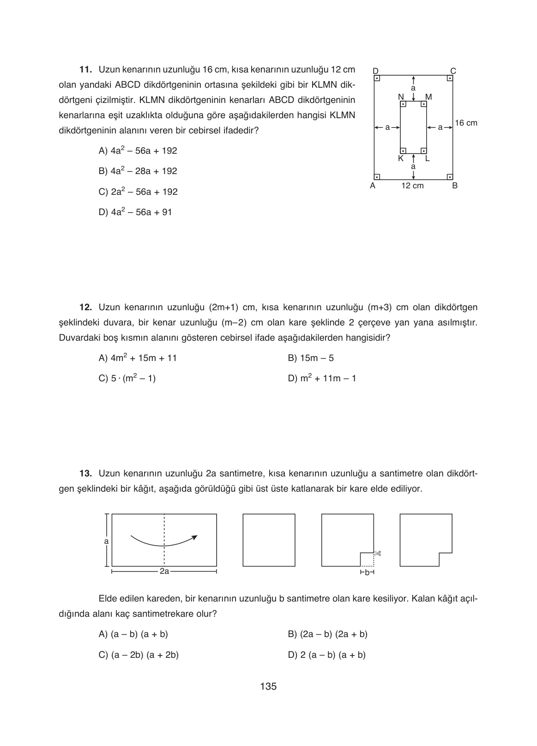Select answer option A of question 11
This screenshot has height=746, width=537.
[138, 151]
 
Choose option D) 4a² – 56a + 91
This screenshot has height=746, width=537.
[135, 212]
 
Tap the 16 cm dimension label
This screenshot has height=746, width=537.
[466, 123]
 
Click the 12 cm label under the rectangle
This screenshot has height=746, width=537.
[412, 186]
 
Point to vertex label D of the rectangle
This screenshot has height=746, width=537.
[375, 71]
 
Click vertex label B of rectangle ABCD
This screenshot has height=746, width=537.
[454, 186]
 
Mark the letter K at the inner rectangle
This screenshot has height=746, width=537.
[400, 158]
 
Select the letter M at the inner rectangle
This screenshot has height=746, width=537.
[428, 97]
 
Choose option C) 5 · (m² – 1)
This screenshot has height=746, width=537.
[127, 379]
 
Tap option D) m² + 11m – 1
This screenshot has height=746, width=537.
[322, 379]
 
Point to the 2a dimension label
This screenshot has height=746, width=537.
[164, 572]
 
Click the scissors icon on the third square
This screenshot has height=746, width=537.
[377, 553]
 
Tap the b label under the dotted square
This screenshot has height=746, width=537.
[367, 573]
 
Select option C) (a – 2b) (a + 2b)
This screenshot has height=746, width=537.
[139, 655]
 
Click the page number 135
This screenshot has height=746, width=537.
[268, 686]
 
